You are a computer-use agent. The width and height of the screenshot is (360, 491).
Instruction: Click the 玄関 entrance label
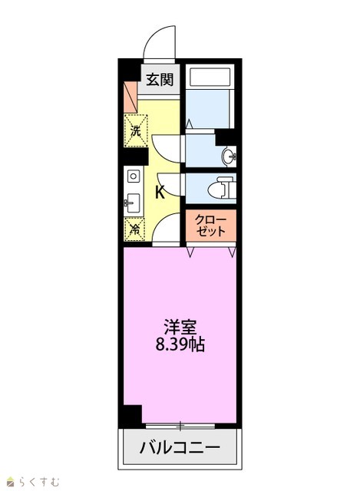[160, 80]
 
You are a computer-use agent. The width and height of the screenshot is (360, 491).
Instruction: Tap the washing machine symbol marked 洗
[136, 130]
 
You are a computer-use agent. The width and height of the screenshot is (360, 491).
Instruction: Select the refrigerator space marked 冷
[134, 229]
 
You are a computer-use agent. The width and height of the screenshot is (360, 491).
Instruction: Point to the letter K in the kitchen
[160, 192]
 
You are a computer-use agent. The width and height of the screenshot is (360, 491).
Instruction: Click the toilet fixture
[222, 188]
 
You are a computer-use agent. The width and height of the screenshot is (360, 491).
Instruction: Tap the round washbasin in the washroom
[229, 156]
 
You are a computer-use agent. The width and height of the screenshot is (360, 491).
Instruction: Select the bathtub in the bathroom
[210, 77]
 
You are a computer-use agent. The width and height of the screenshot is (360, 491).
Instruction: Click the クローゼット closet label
[210, 226]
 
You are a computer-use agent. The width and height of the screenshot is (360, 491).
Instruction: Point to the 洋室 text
[180, 327]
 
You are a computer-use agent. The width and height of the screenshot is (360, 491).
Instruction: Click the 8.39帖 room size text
[180, 344]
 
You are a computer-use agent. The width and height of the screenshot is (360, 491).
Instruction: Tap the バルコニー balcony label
[180, 447]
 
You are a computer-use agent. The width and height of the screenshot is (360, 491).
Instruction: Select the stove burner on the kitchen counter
[134, 176]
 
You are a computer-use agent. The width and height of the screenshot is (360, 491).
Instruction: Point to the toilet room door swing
[169, 185]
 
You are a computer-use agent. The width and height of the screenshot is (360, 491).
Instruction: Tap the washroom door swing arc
[166, 150]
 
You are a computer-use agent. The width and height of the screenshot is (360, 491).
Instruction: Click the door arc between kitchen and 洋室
[166, 229]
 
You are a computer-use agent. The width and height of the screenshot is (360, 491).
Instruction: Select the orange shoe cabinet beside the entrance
[130, 97]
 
